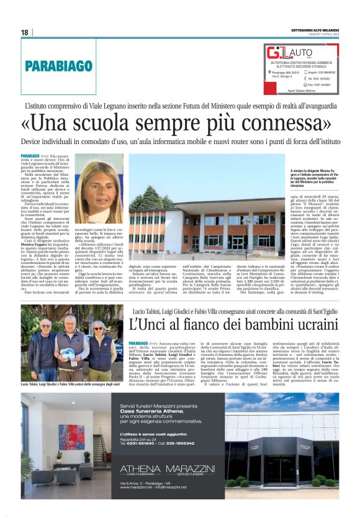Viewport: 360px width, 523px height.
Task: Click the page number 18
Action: pos(24,32)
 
